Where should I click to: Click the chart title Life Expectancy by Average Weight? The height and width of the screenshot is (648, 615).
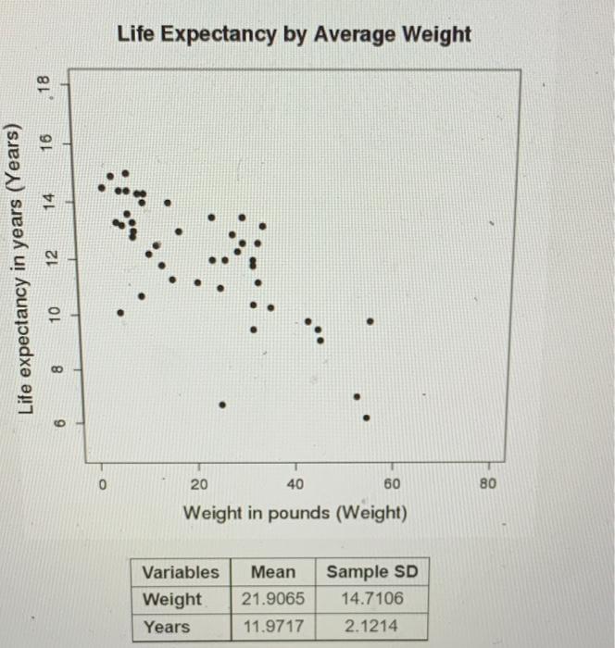click(x=294, y=34)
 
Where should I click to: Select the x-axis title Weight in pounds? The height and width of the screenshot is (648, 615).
click(x=295, y=512)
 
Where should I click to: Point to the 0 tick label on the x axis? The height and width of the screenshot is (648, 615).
click(x=104, y=484)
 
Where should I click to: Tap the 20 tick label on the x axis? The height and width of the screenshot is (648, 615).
click(x=199, y=484)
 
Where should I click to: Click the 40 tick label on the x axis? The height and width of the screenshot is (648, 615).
click(x=295, y=484)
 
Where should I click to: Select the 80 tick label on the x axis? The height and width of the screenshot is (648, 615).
click(x=488, y=484)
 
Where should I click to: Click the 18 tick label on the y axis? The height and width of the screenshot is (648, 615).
click(x=65, y=85)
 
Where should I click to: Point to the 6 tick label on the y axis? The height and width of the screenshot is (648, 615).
click(x=65, y=423)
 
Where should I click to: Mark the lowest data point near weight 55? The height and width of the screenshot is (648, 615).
click(x=367, y=417)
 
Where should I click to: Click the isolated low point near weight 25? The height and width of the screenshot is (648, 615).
click(x=222, y=405)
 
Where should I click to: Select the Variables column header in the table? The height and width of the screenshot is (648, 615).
click(x=181, y=572)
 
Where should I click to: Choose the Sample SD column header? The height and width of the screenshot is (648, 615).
click(x=371, y=572)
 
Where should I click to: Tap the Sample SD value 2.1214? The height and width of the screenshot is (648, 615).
click(x=371, y=627)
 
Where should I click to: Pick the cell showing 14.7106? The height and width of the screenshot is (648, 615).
click(x=371, y=599)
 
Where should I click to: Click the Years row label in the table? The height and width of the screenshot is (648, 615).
click(x=166, y=627)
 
